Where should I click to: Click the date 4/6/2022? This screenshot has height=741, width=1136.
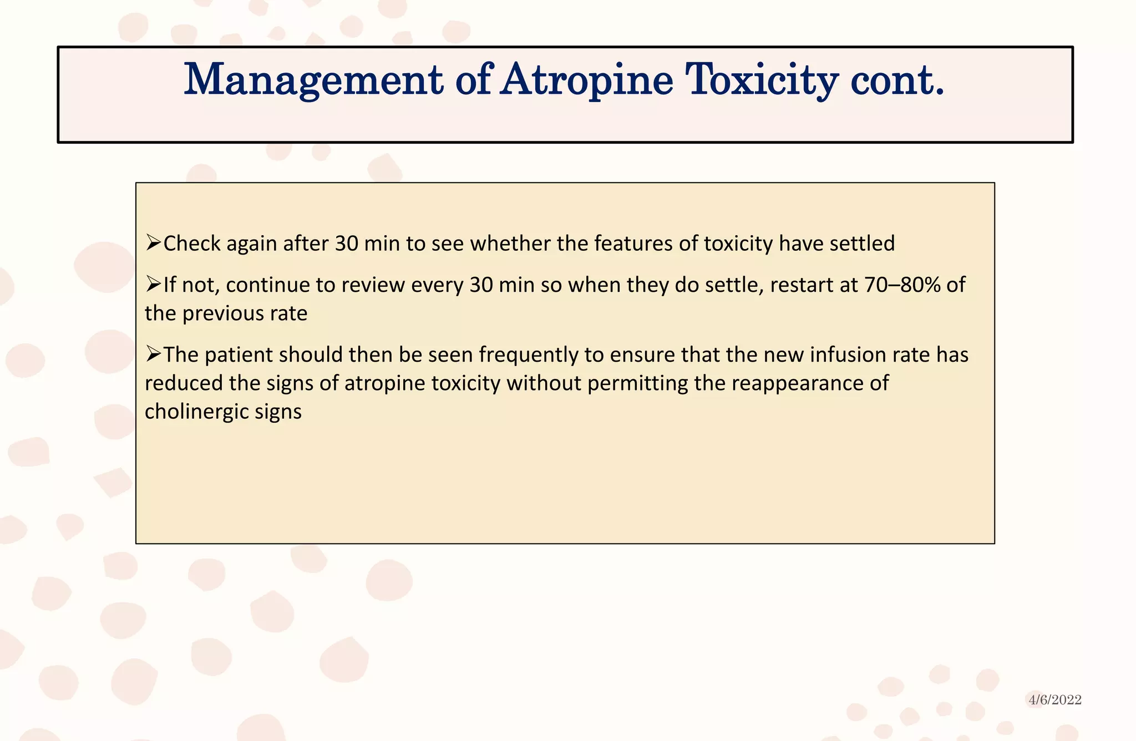point(1055,700)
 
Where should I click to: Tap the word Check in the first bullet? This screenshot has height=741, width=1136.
point(192,243)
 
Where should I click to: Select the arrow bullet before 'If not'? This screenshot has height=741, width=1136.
point(153,285)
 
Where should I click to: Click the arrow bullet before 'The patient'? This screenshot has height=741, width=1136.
point(153,354)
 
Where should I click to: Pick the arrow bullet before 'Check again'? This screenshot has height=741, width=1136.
point(153,243)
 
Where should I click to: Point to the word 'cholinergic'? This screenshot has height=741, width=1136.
point(196,412)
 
